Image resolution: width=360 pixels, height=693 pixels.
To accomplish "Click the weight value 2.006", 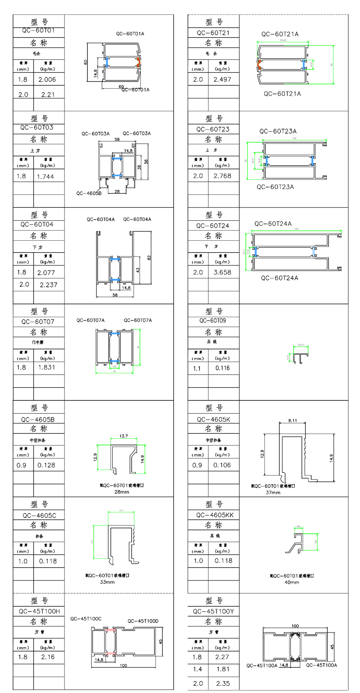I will tap(47, 79).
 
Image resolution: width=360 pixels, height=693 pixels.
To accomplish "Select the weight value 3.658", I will tap(222, 272).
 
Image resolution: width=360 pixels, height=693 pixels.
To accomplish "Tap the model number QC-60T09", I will tap(213, 321).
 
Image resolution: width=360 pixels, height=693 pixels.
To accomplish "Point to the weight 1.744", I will tap(45, 176).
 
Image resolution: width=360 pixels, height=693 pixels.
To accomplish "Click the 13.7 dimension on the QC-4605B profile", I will tap(123, 436).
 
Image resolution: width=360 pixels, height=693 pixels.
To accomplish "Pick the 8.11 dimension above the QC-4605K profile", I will tap(292, 420).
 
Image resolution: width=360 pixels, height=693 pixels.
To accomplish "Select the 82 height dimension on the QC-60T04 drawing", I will tap(149, 258).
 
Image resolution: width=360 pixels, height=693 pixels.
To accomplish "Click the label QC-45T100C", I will tap(86, 619).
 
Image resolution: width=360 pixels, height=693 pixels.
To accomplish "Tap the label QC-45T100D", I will tap(143, 621).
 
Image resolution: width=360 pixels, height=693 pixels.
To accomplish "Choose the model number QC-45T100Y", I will tap(213, 611).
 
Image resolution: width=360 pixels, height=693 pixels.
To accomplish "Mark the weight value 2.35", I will tap(222, 683).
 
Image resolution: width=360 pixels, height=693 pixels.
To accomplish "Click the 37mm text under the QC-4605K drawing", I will tap(273, 493).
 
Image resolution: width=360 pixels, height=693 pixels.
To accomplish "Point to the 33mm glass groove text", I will tap(107, 582).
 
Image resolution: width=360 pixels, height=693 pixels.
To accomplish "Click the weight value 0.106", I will tap(222, 465).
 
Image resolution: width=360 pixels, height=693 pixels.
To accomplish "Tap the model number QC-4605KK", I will tap(215, 515).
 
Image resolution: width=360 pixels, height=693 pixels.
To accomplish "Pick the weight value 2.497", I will tap(222, 79).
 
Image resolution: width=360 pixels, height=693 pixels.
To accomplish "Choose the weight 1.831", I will tap(46, 367).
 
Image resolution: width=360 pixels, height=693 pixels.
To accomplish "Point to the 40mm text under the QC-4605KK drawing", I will tap(292, 582).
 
